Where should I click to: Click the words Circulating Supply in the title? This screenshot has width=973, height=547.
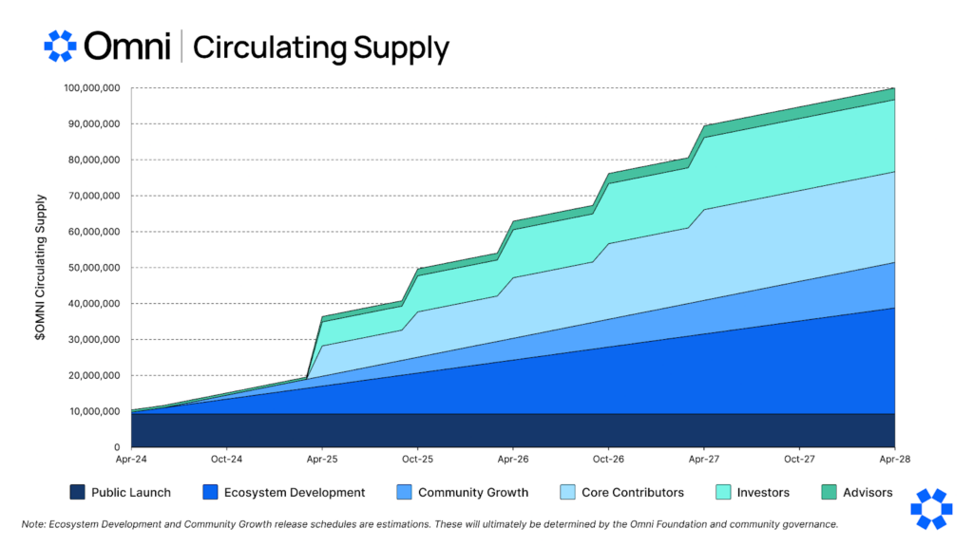321,47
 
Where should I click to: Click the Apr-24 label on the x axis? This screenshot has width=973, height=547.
131,459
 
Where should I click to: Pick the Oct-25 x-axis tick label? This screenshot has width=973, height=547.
417,459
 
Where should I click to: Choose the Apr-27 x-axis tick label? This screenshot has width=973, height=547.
703,459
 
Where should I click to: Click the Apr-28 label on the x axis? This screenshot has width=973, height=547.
894,459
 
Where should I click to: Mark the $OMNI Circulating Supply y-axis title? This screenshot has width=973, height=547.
41,268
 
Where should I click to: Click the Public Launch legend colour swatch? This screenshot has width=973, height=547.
77,492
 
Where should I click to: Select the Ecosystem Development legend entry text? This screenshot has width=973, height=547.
295,492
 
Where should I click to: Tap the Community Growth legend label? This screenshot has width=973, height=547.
473,492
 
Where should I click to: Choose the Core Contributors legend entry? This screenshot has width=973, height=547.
633,492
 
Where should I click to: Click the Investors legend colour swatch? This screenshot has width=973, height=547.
723,492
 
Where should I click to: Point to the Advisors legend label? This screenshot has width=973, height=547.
868,492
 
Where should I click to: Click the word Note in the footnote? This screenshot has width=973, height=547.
34,524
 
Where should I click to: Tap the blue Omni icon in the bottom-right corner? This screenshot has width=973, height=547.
930,509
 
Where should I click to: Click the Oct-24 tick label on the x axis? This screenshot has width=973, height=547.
226,459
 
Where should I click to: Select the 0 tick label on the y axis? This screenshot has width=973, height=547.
116,447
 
